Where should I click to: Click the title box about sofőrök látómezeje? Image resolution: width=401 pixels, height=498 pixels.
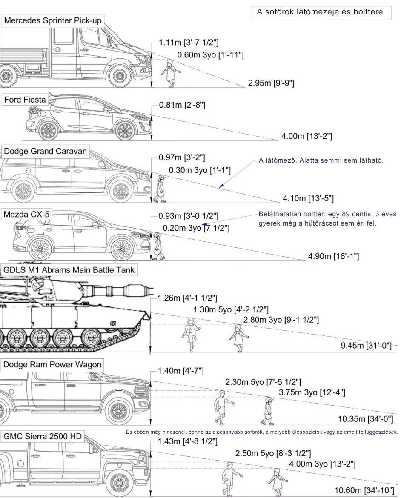tap(321, 12)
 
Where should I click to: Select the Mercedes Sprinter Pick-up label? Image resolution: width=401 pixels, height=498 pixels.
tap(53, 21)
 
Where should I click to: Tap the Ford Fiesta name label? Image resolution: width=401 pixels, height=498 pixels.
tap(25, 100)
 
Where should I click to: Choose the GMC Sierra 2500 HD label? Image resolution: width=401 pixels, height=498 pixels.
tap(42, 436)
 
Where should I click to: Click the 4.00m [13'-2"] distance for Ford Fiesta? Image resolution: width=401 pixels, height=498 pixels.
tap(306, 136)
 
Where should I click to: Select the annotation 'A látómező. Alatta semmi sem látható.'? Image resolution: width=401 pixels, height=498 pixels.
tap(321, 160)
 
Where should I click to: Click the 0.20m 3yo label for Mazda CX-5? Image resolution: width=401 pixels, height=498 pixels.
tap(196, 228)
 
